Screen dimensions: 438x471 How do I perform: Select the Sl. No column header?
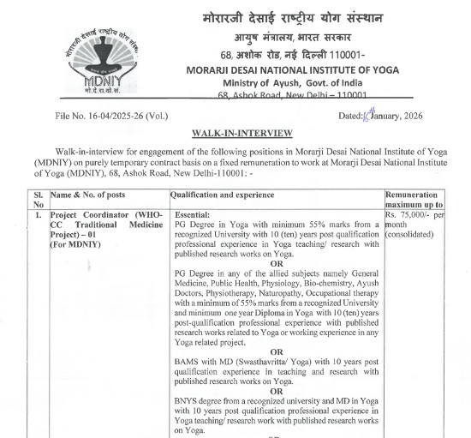[x=38, y=200]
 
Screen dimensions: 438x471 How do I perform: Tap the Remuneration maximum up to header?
[x=414, y=200]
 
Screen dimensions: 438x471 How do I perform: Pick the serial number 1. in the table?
[x=38, y=213]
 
